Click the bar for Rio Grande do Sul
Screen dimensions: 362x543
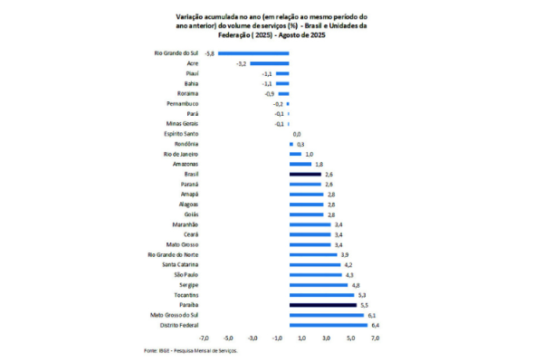pos(253,54)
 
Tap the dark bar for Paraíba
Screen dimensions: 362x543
pos(323,305)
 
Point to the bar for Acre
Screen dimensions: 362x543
pos(270,64)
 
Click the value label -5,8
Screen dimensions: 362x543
pos(210,54)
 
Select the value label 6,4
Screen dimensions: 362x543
pos(374,325)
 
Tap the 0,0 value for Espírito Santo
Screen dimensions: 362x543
pos(297,134)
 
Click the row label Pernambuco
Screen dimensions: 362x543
pos(182,104)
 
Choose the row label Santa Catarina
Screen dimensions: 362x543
pos(177,264)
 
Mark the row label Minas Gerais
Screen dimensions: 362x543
pos(181,124)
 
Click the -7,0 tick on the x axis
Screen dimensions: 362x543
pos(205,338)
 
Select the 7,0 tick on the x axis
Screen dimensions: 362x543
pos(375,338)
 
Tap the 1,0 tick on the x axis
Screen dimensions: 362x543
pos(301,338)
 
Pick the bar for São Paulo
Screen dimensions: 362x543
pos(316,274)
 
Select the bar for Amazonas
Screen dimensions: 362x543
pos(300,164)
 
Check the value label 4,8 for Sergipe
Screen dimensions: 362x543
pos(356,284)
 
